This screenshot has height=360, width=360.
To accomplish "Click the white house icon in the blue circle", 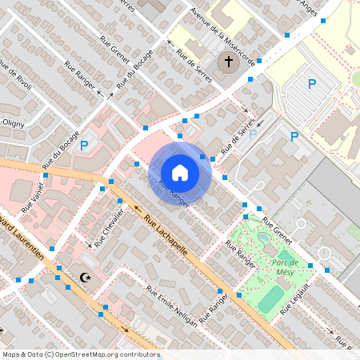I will tap(179, 172).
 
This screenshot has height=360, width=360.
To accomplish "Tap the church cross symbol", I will tap(228, 62).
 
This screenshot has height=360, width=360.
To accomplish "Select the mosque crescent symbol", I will tap(86, 278).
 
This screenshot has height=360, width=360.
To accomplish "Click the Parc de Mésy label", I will tap(285, 266).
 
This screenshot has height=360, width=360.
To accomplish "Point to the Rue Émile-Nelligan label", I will tap(172, 306).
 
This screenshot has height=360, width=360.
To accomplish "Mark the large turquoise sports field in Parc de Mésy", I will tap(271, 298).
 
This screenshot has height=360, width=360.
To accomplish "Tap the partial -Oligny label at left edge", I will tap(11, 122).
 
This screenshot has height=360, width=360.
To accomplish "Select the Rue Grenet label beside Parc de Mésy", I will tap(278, 231).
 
